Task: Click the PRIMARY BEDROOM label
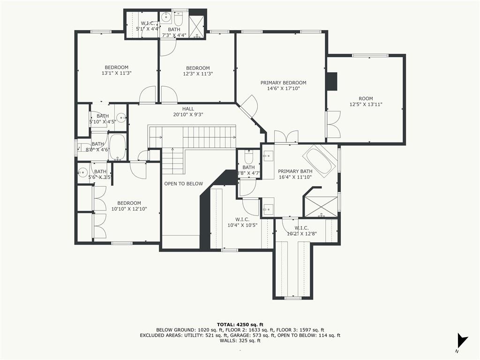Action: [x=283, y=82]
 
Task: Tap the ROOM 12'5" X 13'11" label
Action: [x=366, y=101]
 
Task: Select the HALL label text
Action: [x=188, y=109]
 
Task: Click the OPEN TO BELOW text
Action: [x=183, y=184]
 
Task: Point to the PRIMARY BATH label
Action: [x=295, y=172]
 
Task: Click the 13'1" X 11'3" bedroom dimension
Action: [x=117, y=73]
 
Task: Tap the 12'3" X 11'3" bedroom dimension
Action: [x=198, y=74]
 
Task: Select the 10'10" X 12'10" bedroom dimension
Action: [x=129, y=209]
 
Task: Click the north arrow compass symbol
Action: [x=462, y=340]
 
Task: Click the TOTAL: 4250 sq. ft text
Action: [x=240, y=324]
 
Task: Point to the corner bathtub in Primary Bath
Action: [x=319, y=160]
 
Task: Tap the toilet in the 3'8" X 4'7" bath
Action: [x=248, y=157]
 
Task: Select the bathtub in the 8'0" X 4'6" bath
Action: [x=117, y=147]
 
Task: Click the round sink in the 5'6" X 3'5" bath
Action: [x=82, y=173]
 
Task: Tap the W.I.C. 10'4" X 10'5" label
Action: [x=242, y=222]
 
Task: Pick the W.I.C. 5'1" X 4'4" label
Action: [x=148, y=26]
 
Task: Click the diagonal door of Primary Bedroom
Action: [x=248, y=106]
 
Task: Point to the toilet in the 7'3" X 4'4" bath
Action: [x=179, y=18]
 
